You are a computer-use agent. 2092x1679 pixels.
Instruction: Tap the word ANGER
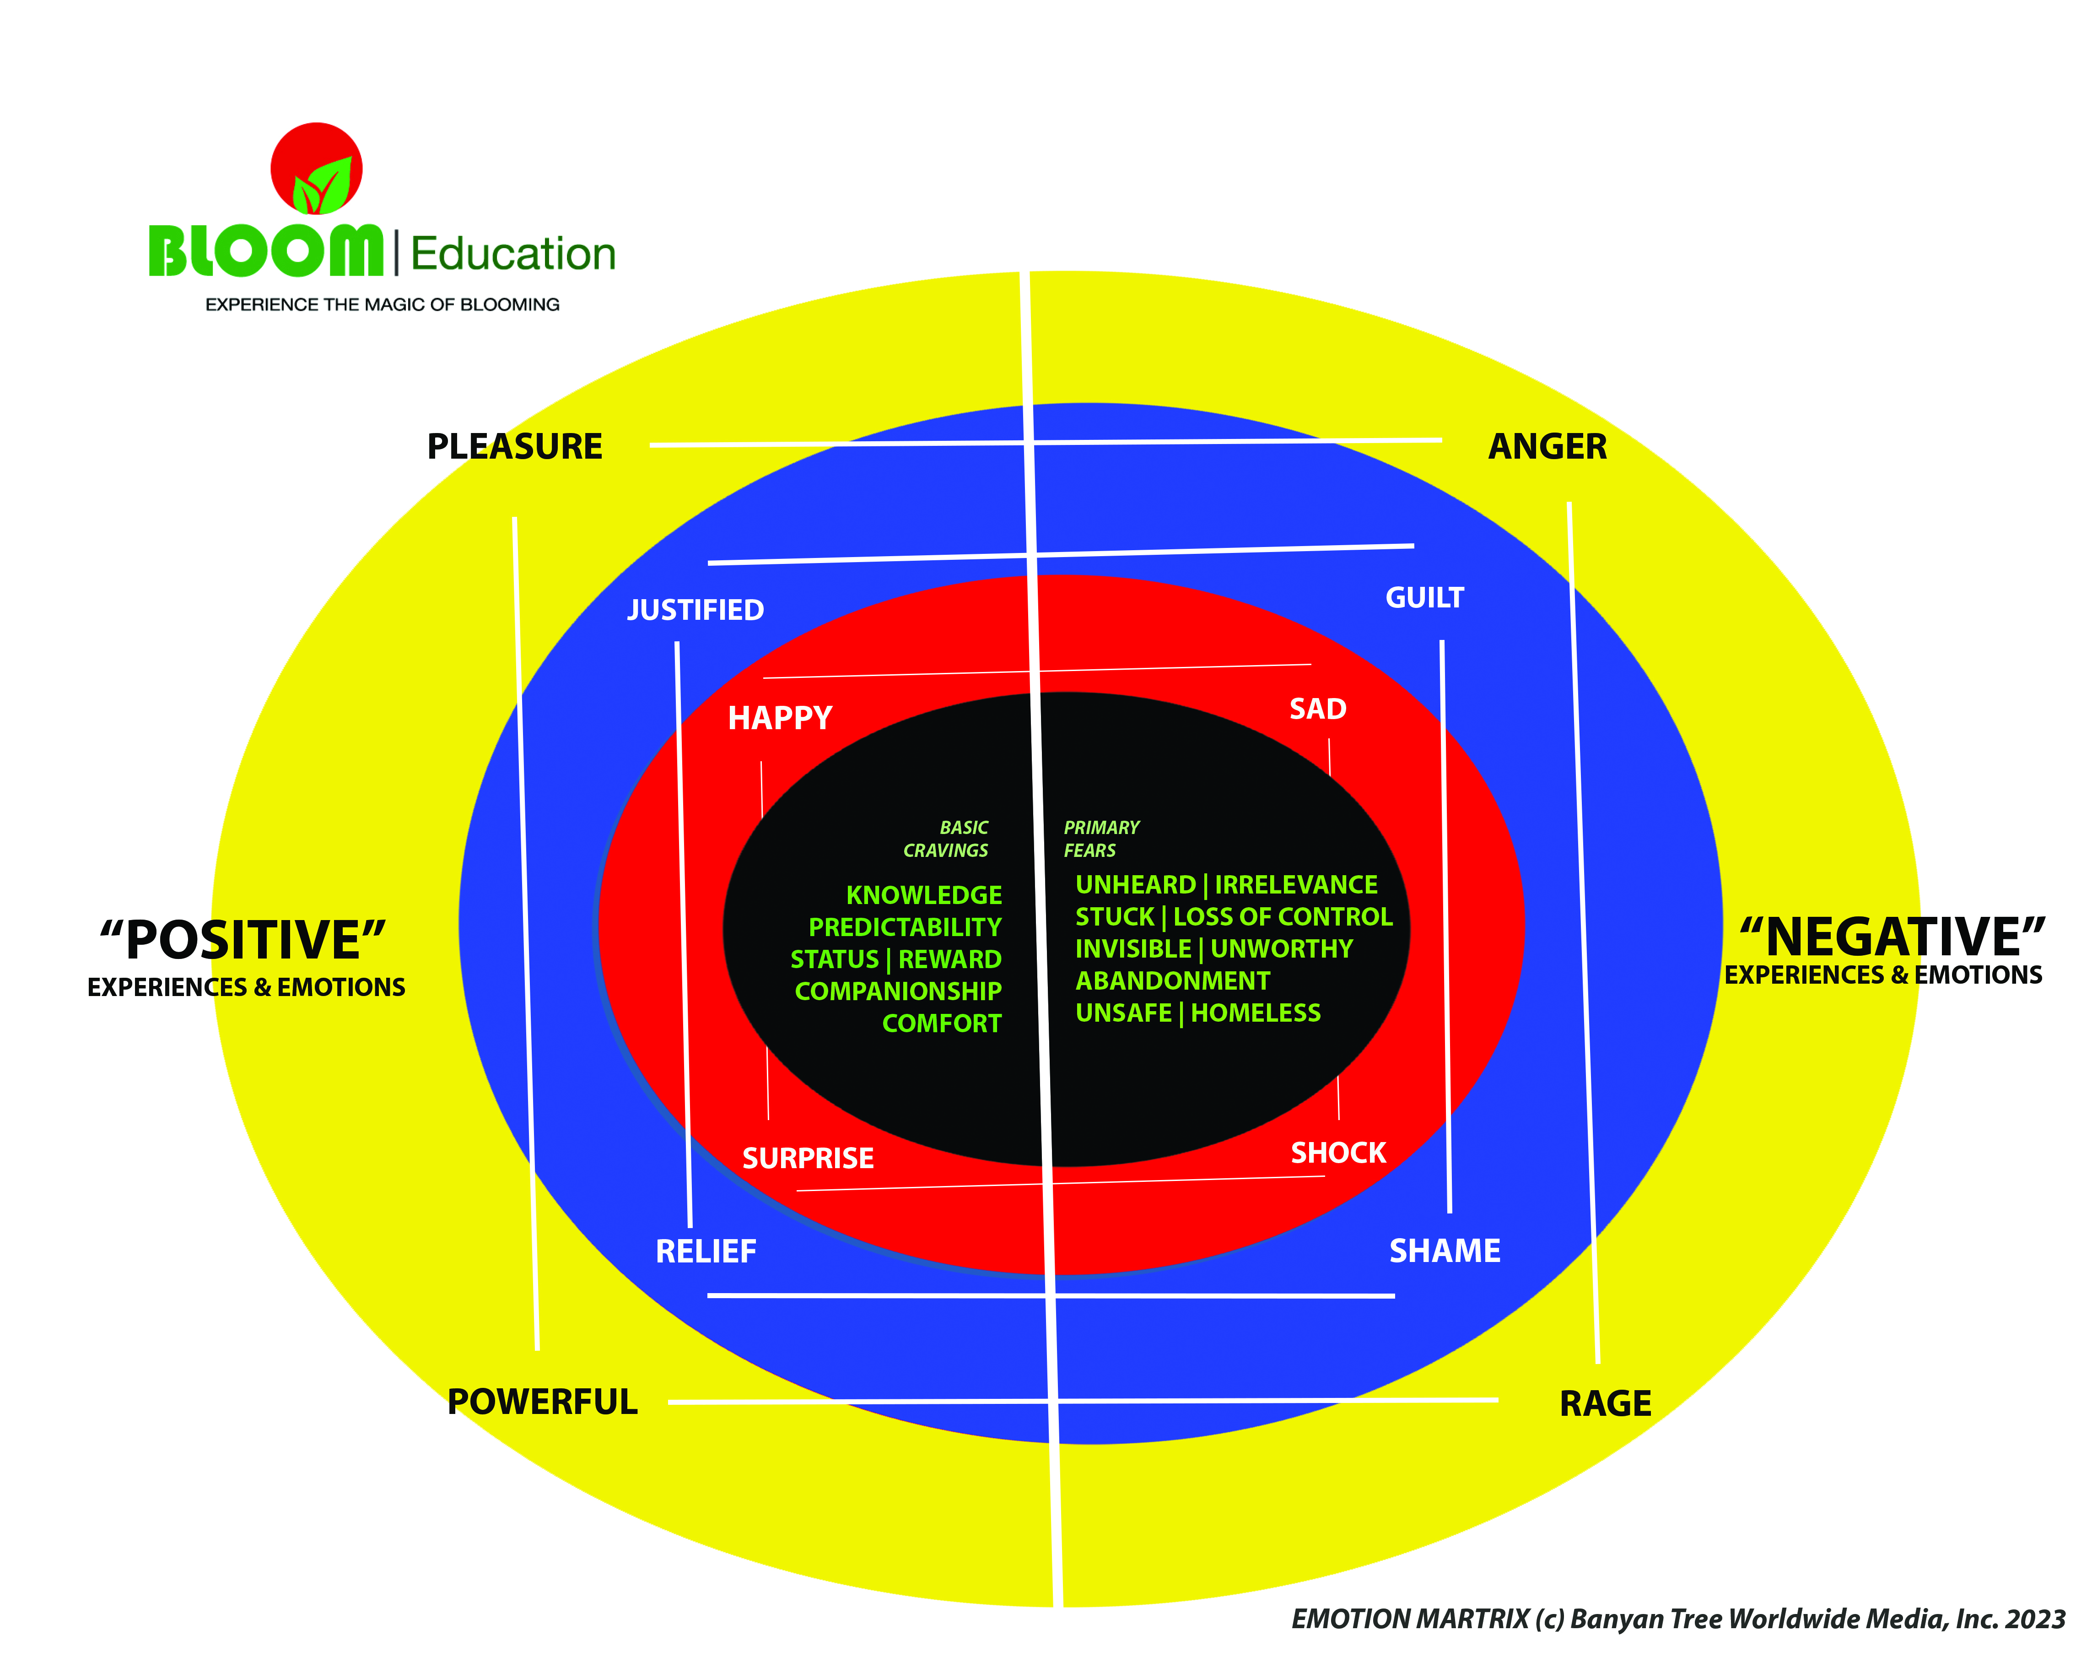click(1547, 447)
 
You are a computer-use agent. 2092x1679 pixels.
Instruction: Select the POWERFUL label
click(542, 1403)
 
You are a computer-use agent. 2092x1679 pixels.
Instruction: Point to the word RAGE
click(1605, 1404)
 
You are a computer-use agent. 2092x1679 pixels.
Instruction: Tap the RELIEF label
click(706, 1252)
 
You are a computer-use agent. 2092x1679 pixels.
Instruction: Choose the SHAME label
click(1445, 1251)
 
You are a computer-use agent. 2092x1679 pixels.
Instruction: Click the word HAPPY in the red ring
click(780, 718)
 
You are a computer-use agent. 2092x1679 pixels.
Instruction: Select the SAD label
click(1318, 710)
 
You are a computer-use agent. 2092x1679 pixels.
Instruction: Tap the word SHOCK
click(1338, 1153)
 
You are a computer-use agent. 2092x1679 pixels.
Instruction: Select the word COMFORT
click(941, 1024)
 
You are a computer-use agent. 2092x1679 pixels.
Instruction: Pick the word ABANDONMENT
click(1172, 981)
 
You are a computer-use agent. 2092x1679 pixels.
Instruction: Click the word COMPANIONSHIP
click(898, 992)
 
